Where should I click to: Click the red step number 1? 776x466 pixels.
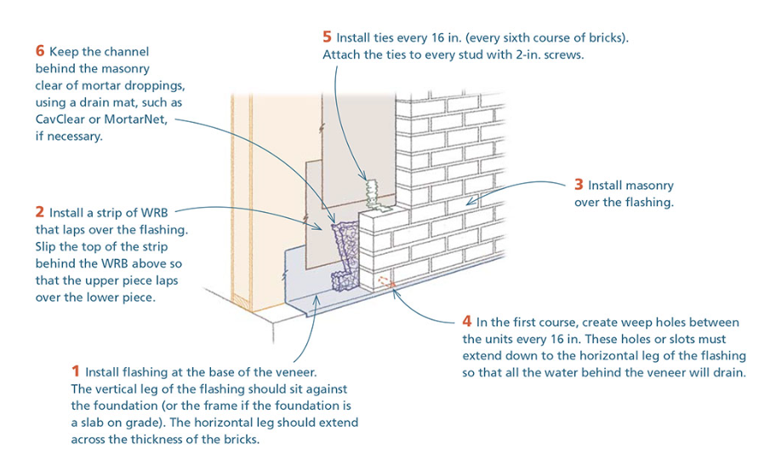[76, 371]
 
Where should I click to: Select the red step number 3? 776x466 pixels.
[579, 185]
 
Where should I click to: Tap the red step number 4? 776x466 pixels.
[467, 322]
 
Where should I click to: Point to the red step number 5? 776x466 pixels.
[327, 37]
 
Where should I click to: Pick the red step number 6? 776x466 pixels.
[40, 51]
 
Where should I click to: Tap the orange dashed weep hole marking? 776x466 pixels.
[385, 281]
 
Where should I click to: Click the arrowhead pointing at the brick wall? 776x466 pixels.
[470, 203]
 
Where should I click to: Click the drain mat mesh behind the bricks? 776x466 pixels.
[343, 249]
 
